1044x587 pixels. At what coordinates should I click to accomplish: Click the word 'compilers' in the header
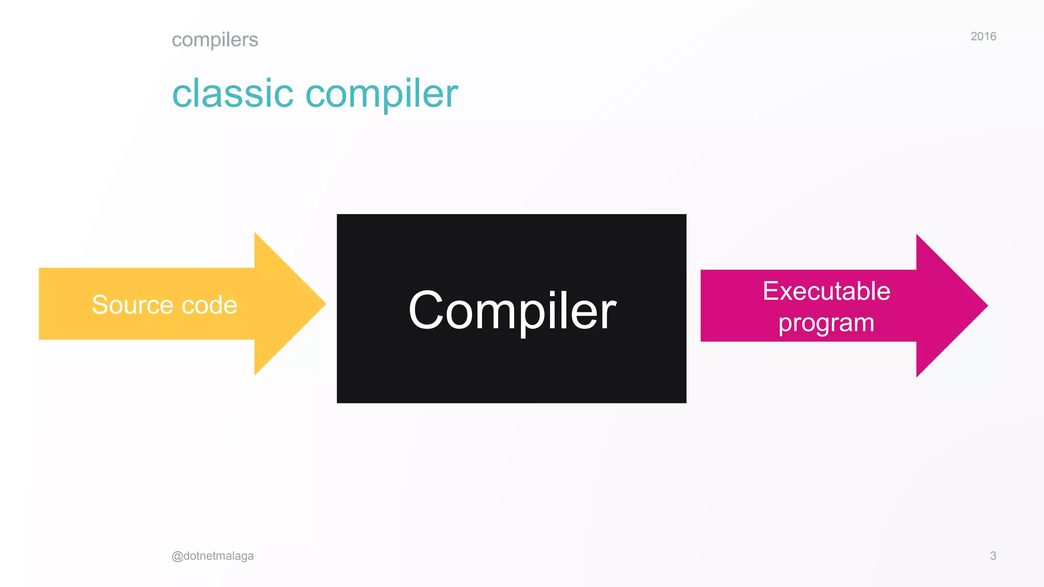[x=215, y=40]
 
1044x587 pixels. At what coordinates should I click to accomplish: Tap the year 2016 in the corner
[x=983, y=36]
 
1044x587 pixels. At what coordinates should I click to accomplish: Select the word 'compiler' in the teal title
[x=381, y=95]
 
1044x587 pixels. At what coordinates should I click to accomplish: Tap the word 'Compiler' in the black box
[x=512, y=310]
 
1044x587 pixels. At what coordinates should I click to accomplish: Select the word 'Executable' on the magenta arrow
[x=826, y=291]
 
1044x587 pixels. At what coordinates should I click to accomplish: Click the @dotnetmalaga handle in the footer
[x=213, y=556]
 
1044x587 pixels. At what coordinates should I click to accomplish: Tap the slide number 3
[x=993, y=556]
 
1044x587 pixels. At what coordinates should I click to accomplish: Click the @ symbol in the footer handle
[x=177, y=556]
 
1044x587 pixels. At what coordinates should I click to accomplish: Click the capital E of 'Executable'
[x=771, y=291]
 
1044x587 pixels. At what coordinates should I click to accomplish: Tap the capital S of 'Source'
[x=100, y=305]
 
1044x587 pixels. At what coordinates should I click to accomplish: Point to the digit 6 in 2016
[x=993, y=36]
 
